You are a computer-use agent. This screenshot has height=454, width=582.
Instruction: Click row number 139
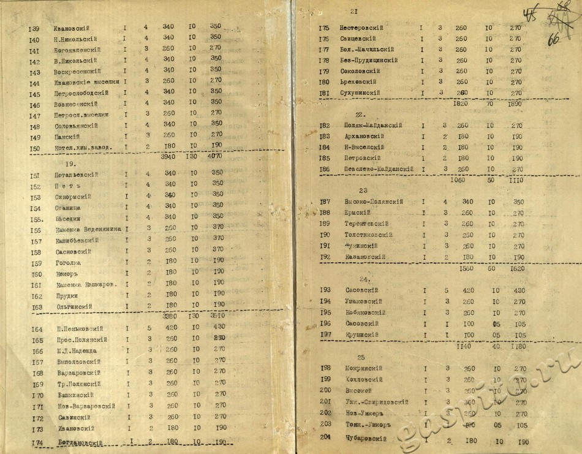pyautogui.click(x=34, y=28)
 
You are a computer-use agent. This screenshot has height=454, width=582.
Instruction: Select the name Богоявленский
pyautogui.click(x=77, y=50)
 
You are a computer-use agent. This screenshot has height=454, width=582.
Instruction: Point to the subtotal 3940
pyautogui.click(x=168, y=156)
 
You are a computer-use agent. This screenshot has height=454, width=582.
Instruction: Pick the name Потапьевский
pyautogui.click(x=76, y=175)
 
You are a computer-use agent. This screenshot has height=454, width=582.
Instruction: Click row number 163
pyautogui.click(x=36, y=307)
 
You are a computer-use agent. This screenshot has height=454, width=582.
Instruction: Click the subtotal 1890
pyautogui.click(x=516, y=105)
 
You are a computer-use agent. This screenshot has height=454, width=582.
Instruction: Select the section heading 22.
pyautogui.click(x=360, y=115)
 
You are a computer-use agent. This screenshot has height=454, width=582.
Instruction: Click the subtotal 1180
pyautogui.click(x=518, y=346)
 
